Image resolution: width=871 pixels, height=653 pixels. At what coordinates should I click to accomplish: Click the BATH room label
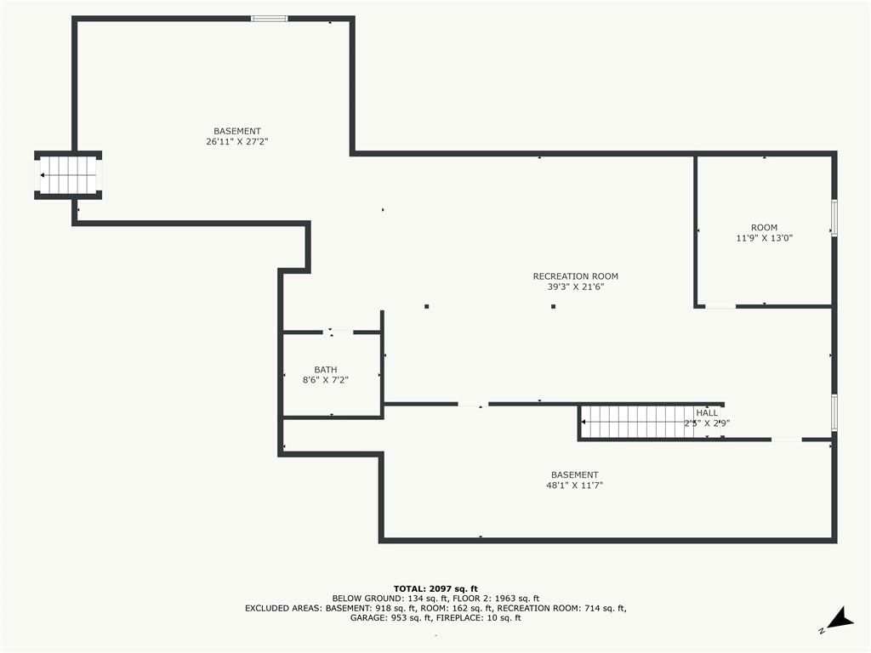pos(326,370)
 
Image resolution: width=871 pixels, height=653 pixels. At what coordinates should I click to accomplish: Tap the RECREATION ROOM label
pos(576,276)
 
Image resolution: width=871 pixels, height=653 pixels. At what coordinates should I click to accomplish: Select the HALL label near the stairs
pos(707,413)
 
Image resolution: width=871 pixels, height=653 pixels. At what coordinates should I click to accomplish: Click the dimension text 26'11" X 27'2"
pos(237,142)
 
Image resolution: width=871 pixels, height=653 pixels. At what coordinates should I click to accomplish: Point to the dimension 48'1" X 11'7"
pos(575,485)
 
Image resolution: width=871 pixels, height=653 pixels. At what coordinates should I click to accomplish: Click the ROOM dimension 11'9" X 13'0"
pos(765,238)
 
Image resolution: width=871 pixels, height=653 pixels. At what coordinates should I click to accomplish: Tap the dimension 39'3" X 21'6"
pos(576,287)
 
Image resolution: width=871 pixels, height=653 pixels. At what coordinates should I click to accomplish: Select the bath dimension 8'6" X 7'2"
pos(326,380)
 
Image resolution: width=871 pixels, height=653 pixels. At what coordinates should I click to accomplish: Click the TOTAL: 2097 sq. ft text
pos(435,589)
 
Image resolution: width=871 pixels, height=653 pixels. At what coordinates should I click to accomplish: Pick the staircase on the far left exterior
pos(68,175)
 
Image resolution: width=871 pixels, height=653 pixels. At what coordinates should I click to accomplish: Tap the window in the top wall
pos(270,19)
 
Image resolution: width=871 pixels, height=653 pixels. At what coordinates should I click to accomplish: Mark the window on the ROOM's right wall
pos(834,218)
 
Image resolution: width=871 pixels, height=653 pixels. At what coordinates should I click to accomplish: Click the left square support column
pos(427,306)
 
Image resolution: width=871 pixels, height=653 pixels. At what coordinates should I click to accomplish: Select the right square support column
pos(553,306)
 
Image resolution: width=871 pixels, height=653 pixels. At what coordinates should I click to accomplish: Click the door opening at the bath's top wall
pos(339,332)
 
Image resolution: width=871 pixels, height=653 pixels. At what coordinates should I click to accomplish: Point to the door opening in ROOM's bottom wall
pos(720,306)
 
